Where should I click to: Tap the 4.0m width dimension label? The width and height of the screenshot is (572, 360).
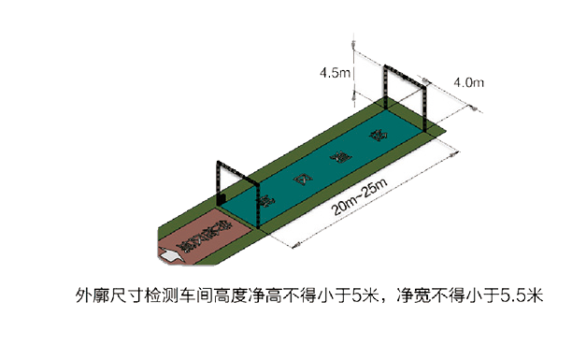[467, 83]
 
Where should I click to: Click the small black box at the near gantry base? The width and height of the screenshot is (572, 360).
[222, 197]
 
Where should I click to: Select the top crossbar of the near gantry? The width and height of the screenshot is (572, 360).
[236, 168]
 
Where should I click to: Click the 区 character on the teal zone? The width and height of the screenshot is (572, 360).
[299, 178]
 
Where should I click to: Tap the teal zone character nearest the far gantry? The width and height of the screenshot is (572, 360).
[378, 137]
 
